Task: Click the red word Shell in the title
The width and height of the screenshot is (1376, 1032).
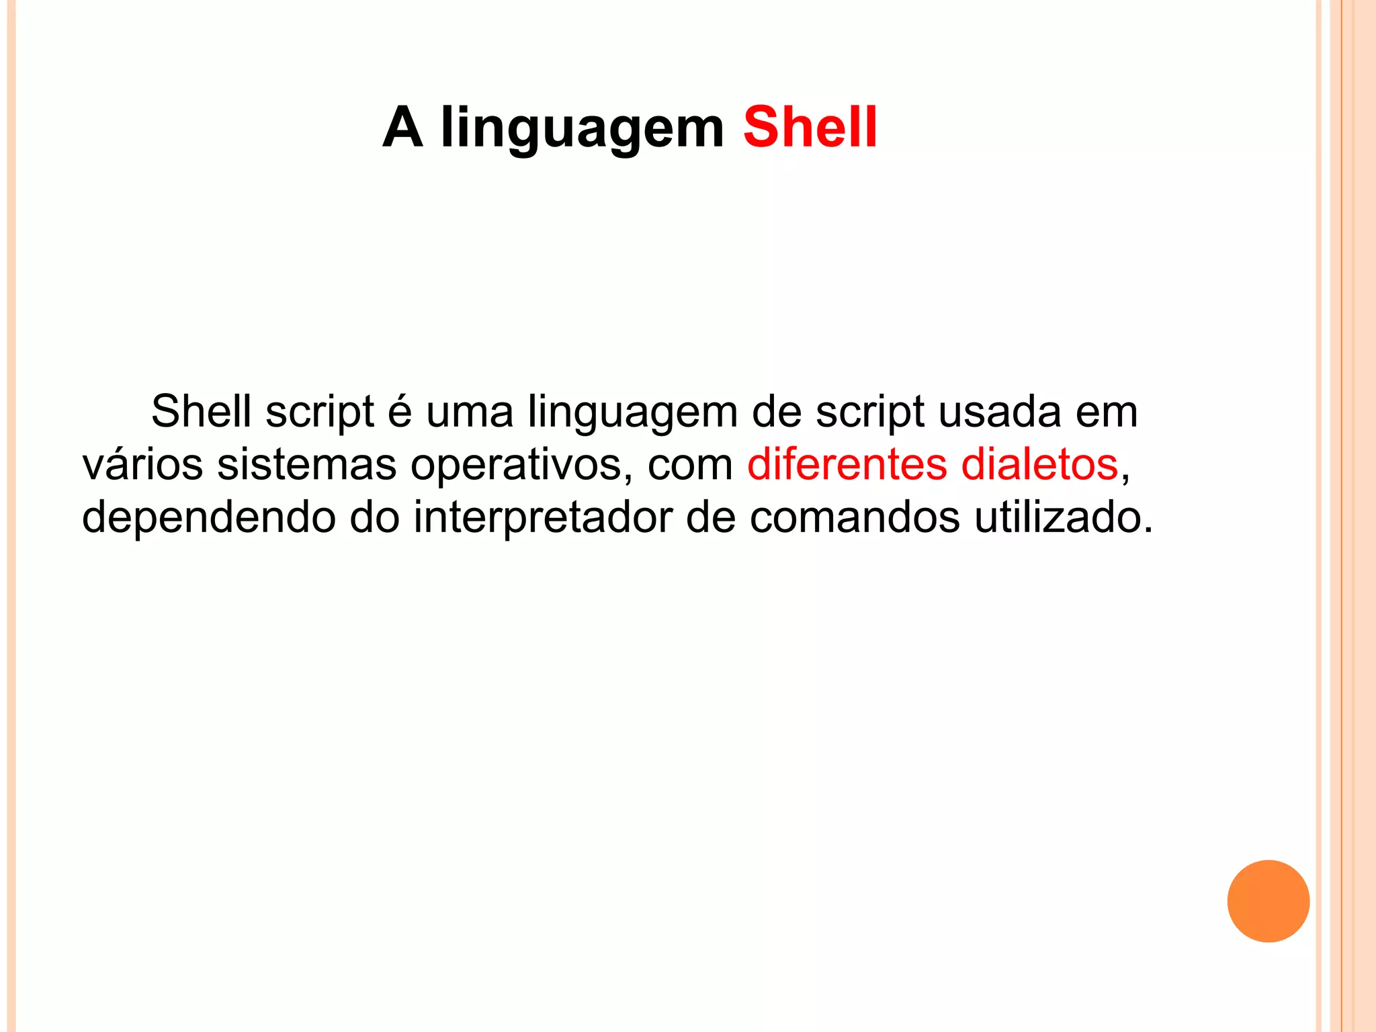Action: coord(810,127)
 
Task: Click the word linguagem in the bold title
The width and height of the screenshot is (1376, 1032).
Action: coord(582,129)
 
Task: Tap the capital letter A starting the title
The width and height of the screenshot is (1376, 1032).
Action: coord(402,127)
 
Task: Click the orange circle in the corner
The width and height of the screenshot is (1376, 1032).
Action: coord(1268,901)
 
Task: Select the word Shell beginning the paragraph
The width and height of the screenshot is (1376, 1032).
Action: coord(201,411)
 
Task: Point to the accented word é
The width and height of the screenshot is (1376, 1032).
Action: coord(400,411)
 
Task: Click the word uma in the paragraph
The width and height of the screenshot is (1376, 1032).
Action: coord(470,412)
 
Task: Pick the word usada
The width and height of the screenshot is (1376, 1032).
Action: coord(999,411)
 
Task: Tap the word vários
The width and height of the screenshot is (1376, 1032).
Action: coord(142,464)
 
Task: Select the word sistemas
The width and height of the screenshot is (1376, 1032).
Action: coord(306,464)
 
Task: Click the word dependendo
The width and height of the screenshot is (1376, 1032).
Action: coord(208,518)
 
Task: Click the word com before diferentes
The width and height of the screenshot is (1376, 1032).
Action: coord(690,466)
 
